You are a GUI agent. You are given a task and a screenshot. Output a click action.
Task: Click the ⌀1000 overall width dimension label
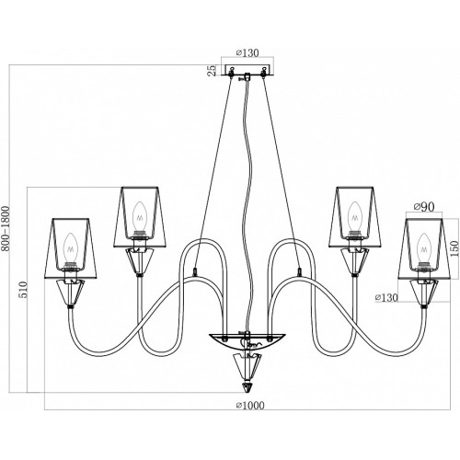(250, 405)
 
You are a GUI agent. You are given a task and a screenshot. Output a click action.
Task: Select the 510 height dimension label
(23, 289)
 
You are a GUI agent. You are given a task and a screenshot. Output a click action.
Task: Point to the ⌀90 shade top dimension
(424, 207)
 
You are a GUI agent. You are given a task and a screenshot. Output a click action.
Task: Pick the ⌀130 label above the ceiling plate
(247, 52)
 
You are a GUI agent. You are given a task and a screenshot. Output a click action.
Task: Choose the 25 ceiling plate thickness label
(212, 71)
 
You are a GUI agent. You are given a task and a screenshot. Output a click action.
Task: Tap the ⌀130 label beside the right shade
(386, 297)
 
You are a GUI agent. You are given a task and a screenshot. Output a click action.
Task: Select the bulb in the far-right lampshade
(424, 248)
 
